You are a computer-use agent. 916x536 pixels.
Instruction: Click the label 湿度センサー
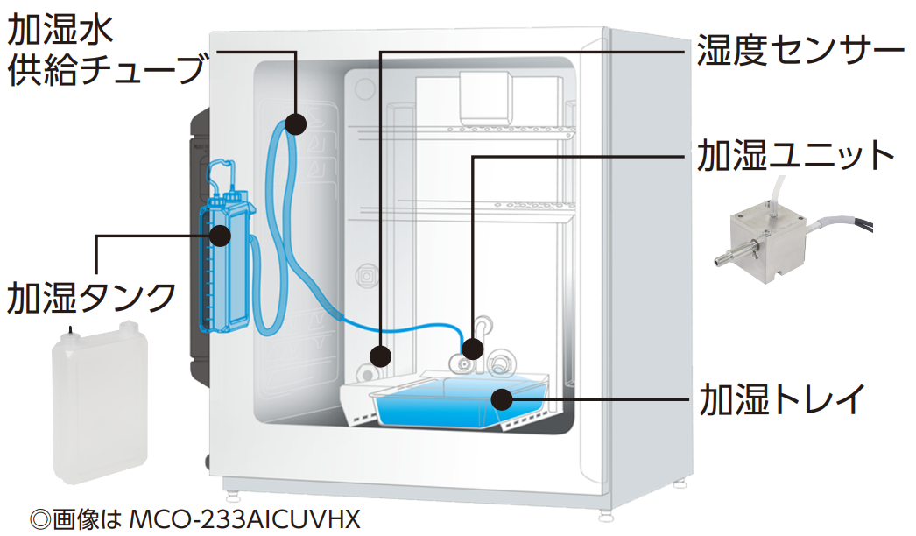click(799, 51)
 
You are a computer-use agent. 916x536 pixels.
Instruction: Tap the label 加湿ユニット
click(796, 158)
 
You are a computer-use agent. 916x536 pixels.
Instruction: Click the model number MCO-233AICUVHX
click(244, 519)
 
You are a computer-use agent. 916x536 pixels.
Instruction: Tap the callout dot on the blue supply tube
click(296, 124)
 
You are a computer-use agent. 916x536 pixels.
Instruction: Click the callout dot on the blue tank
click(220, 235)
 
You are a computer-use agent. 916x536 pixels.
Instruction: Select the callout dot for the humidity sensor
click(380, 356)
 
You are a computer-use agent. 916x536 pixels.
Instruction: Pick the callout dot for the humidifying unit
click(472, 349)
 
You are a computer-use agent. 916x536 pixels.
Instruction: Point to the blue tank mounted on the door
click(225, 263)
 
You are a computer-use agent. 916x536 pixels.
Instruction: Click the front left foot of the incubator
click(229, 483)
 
